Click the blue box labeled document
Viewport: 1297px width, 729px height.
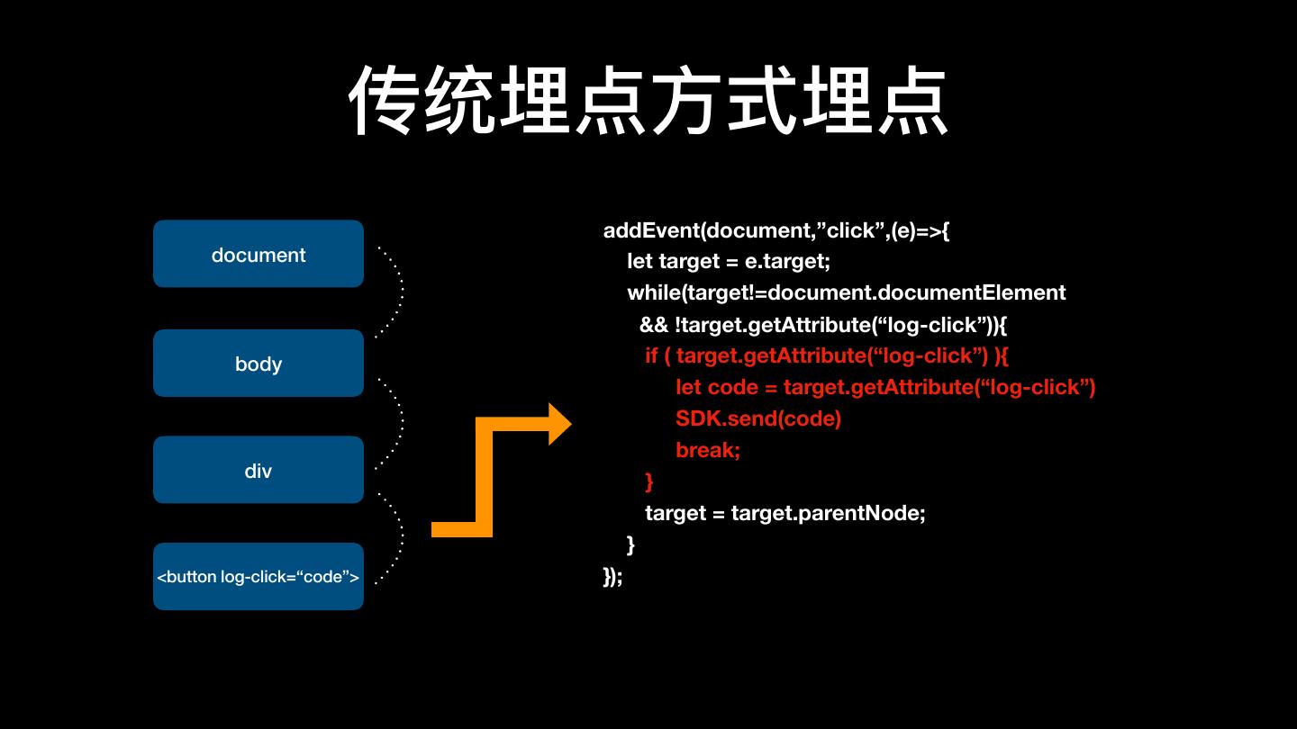pyautogui.click(x=258, y=255)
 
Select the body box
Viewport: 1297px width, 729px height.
pyautogui.click(x=258, y=364)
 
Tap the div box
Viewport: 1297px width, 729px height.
pyautogui.click(x=258, y=471)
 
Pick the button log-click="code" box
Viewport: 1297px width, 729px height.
pyautogui.click(x=258, y=577)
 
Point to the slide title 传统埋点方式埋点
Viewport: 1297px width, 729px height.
pyautogui.click(x=648, y=101)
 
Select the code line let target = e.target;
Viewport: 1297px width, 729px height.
pyautogui.click(x=728, y=262)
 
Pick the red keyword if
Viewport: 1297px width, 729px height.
pyautogui.click(x=651, y=355)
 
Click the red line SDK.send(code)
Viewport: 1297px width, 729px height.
pyautogui.click(x=757, y=418)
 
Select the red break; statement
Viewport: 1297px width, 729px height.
pyautogui.click(x=708, y=450)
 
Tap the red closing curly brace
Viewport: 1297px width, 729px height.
pyautogui.click(x=649, y=481)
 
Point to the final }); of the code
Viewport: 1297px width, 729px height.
pyautogui.click(x=612, y=576)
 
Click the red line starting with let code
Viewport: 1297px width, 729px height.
pyautogui.click(x=884, y=387)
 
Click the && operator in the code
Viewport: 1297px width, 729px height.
pyautogui.click(x=653, y=324)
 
